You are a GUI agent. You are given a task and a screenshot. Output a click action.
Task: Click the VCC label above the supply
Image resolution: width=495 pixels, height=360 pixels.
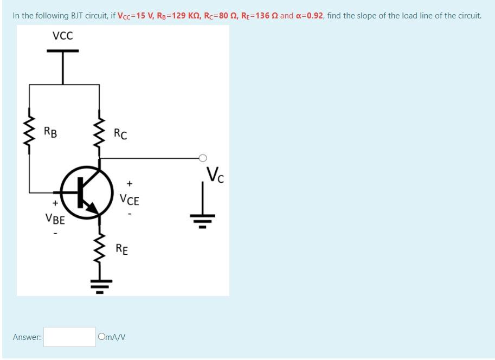pyautogui.click(x=62, y=36)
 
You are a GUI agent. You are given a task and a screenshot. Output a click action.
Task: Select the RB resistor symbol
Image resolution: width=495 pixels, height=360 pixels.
pyautogui.click(x=30, y=134)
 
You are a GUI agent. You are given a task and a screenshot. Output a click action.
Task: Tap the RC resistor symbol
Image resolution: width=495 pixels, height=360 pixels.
pyautogui.click(x=99, y=133)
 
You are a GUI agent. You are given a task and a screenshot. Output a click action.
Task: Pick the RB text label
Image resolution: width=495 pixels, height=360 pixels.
pyautogui.click(x=52, y=131)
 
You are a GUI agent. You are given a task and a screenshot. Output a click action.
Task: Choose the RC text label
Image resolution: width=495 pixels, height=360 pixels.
pyautogui.click(x=120, y=133)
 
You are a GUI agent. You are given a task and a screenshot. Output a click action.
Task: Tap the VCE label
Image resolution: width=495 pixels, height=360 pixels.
pyautogui.click(x=130, y=200)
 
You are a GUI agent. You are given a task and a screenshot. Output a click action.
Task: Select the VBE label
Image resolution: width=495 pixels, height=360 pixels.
pyautogui.click(x=55, y=220)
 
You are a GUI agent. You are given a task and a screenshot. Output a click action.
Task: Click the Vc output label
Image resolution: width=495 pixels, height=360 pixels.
pyautogui.click(x=215, y=175)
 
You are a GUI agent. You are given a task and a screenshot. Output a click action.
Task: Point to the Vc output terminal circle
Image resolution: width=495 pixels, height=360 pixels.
pyautogui.click(x=202, y=158)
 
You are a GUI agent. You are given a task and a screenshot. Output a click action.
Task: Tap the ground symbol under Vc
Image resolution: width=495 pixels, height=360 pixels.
pyautogui.click(x=203, y=218)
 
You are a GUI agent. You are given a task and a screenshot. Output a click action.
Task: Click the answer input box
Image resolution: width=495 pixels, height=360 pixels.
pyautogui.click(x=70, y=337)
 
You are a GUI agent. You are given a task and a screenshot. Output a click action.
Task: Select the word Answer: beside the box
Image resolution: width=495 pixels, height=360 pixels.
pyautogui.click(x=27, y=337)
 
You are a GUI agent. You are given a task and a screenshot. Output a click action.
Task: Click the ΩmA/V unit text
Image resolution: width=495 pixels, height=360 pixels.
pyautogui.click(x=112, y=337)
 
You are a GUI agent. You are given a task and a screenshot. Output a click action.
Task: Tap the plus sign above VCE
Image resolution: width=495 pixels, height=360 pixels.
pyautogui.click(x=130, y=184)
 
